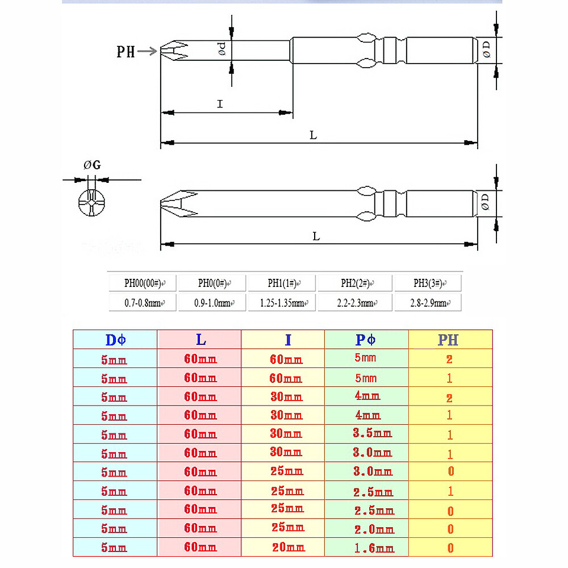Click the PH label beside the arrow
[126, 52]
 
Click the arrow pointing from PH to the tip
[147, 51]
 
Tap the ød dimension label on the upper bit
[222, 48]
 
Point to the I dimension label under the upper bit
[220, 104]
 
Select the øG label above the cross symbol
[92, 165]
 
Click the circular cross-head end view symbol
[91, 203]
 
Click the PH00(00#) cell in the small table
[143, 283]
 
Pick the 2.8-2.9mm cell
[428, 303]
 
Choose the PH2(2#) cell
[355, 283]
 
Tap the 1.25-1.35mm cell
[282, 303]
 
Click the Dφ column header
[115, 340]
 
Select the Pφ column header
[365, 340]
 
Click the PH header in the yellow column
[448, 340]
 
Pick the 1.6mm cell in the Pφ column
[374, 548]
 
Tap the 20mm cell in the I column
[289, 547]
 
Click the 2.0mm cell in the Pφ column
[374, 529]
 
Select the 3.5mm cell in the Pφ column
[373, 433]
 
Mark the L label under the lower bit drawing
[316, 236]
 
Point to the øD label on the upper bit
[487, 49]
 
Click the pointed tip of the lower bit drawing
[161, 203]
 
